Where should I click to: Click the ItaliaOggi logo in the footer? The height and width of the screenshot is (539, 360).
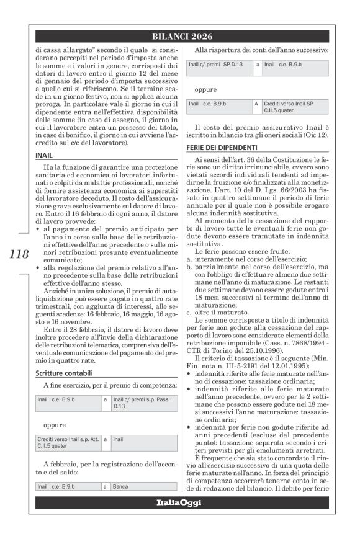click(x=181, y=502)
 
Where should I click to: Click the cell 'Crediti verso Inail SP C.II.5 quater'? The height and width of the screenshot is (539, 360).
click(x=294, y=107)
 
